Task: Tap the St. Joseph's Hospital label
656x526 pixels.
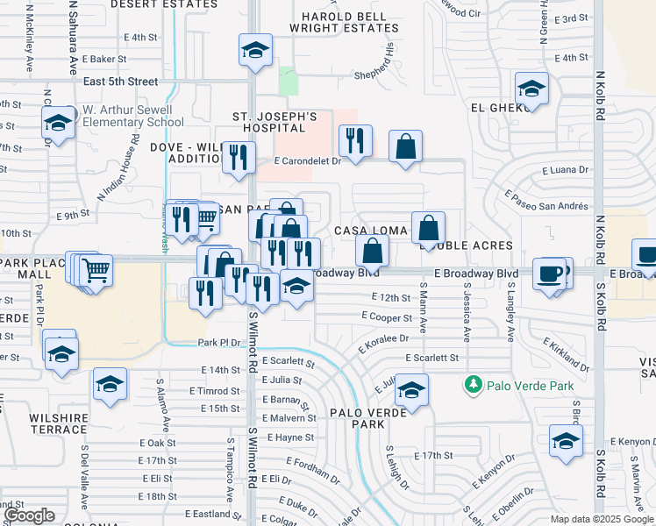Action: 274,122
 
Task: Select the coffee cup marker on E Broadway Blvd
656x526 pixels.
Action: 550,274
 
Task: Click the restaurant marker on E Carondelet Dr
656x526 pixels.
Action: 355,143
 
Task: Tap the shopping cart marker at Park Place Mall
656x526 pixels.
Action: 96,271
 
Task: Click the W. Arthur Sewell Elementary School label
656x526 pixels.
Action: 132,117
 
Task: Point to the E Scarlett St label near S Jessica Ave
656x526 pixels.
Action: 432,358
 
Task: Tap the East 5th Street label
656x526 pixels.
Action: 121,81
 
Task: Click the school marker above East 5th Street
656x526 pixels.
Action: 255,51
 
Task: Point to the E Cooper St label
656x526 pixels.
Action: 386,316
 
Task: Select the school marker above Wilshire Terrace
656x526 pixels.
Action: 111,385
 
